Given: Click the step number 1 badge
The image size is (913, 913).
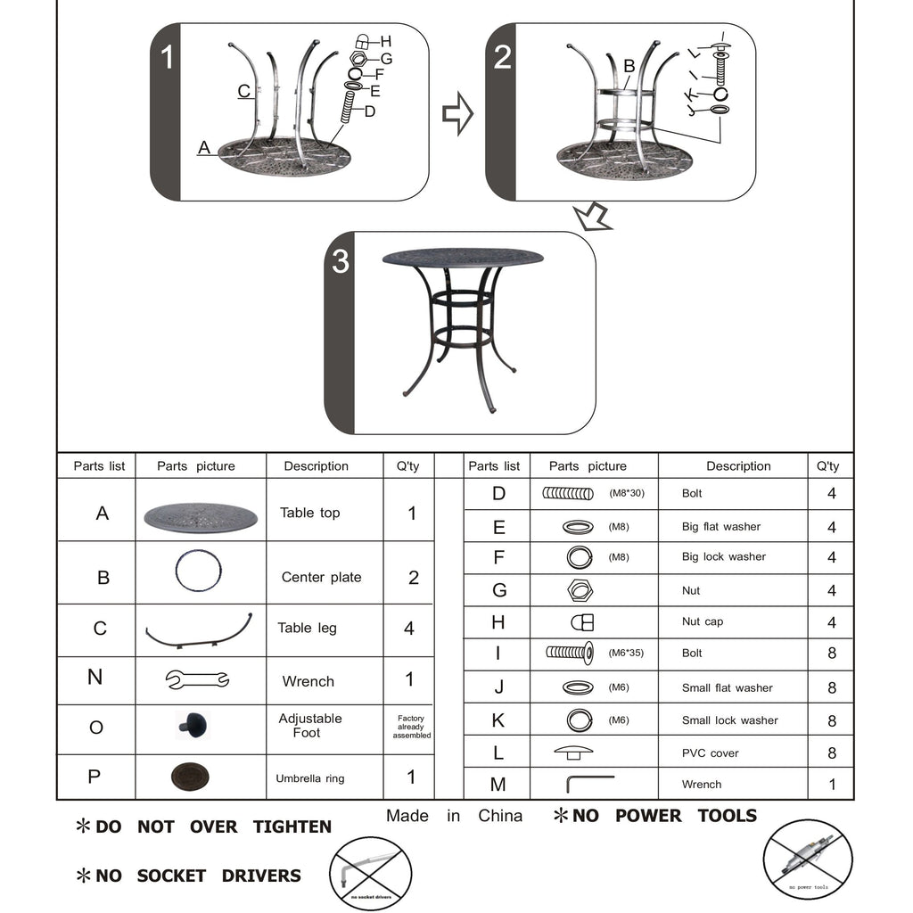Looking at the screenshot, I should pos(167,58).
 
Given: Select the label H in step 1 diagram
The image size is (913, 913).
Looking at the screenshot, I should pos(386,41).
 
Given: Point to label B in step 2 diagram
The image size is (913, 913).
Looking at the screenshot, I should pos(629,65).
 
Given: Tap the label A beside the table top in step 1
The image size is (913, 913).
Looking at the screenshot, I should pos(204,148).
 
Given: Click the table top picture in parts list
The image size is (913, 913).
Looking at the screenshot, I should pos(200,515).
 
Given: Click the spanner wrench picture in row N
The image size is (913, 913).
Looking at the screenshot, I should pos(198,680).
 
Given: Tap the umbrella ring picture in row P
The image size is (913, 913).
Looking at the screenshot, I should pos(190,777).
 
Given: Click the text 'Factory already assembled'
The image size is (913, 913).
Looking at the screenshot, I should pos(411,727).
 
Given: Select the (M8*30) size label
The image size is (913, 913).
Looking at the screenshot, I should pos(626,493).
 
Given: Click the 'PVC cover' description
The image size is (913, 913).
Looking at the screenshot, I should pos(710,753).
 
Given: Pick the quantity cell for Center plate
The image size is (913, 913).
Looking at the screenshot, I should pos(413,578).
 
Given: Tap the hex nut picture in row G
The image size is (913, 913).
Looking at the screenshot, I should pos(580,590).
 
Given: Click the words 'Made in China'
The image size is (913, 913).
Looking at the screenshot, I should pos(454,816).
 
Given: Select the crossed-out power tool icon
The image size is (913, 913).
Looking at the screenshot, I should pos(807,860).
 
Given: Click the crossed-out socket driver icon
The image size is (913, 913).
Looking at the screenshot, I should pos(371,872).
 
